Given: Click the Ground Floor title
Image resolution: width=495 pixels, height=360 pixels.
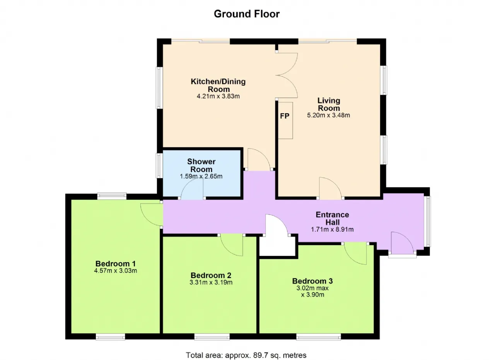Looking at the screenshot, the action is coord(247,14).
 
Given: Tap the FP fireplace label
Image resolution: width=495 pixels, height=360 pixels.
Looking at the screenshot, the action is coord(285,116).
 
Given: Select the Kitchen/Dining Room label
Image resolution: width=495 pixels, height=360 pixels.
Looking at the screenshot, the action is coord(218,85).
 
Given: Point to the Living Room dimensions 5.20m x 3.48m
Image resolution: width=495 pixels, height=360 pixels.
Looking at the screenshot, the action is coord(328,115).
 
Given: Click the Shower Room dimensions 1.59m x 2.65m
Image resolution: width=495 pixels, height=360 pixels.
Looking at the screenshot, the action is coord(201,176).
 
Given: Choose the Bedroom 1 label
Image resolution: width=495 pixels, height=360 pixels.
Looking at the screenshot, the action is coord(115,264).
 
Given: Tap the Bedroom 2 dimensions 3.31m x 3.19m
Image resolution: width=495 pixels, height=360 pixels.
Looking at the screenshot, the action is coord(211,282).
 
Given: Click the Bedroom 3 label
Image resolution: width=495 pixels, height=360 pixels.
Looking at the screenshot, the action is coord(312,281).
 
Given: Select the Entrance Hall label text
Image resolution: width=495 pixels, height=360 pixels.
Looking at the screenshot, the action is coord(332,218).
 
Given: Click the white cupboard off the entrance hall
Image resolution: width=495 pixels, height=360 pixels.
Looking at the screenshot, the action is coord(278,246).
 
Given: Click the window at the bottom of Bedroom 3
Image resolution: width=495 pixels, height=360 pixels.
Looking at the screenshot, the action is coord(318,337).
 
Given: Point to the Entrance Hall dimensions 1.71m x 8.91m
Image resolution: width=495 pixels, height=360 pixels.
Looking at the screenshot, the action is coord(332,229).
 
